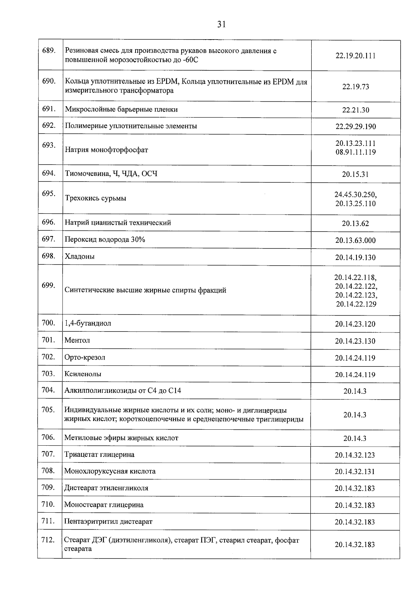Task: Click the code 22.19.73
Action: click(x=355, y=87)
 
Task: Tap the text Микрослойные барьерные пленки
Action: click(x=121, y=110)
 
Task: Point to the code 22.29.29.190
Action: click(x=355, y=127)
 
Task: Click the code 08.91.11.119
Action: click(x=355, y=152)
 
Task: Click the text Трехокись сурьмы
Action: click(x=96, y=198)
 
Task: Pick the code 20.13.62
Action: click(x=355, y=224)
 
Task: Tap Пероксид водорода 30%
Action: click(x=105, y=239)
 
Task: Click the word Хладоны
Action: click(x=80, y=256)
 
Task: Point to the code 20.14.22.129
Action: click(x=356, y=304)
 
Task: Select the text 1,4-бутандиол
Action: click(x=88, y=323)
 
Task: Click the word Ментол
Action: click(x=77, y=340)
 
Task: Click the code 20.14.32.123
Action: click(x=355, y=455)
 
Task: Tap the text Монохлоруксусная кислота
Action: click(x=110, y=471)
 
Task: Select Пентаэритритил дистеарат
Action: click(x=108, y=521)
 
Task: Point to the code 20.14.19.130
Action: click(x=355, y=258)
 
